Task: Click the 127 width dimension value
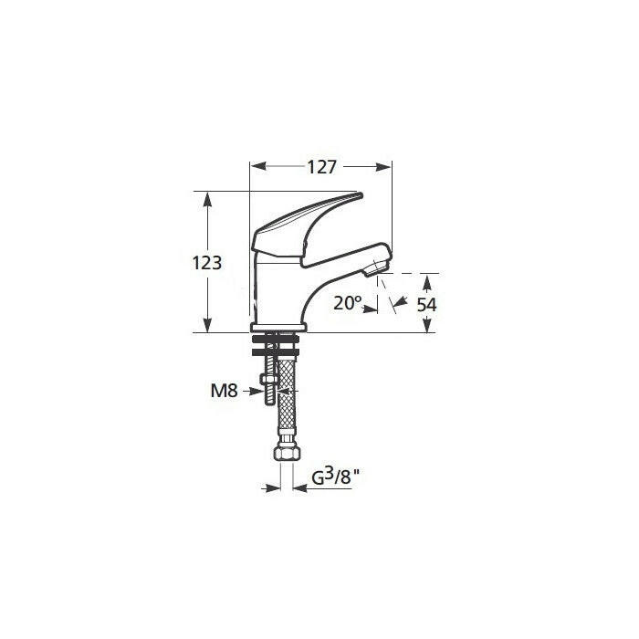321,167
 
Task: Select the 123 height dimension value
207,263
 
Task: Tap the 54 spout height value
426,304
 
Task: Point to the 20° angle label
347,303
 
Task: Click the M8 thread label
225,391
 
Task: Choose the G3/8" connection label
337,477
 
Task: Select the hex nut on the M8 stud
269,379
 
